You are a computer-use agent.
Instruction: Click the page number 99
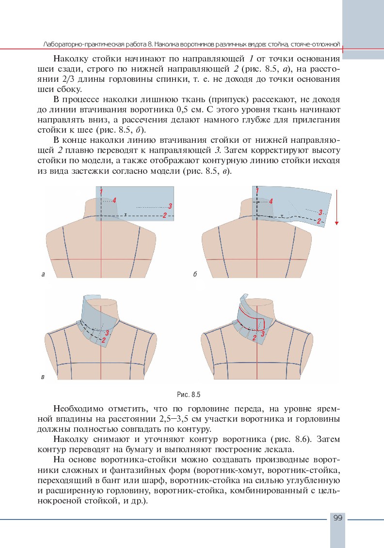pos(338,518)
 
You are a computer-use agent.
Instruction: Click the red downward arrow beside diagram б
pos(336,208)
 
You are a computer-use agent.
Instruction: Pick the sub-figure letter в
pos(43,376)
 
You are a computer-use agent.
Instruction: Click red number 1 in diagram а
pos(101,192)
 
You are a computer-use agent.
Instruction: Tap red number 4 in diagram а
pos(114,200)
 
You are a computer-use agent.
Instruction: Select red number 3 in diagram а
pos(171,206)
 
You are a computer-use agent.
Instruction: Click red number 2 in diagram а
pos(165,215)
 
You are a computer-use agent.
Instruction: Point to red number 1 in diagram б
pos(257,192)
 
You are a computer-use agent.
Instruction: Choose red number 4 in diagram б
pos(271,201)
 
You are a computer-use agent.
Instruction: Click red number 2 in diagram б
pos(319,221)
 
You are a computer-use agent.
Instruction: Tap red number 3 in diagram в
pos(107,333)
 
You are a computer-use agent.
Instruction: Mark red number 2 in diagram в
pos(103,340)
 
